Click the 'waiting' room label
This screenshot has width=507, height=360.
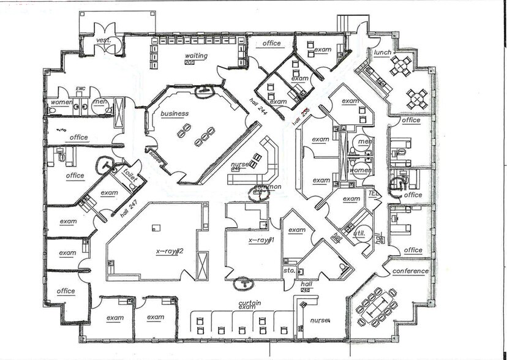click(197, 56)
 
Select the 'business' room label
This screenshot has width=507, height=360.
click(175, 113)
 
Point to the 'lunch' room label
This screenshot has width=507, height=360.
click(383, 53)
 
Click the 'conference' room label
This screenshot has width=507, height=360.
click(410, 271)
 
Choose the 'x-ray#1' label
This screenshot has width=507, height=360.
click(261, 241)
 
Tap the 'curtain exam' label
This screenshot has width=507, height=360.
click(247, 305)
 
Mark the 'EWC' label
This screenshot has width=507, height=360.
click(80, 89)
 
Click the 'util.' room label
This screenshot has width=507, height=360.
click(359, 233)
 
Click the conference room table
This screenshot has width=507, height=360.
click(377, 305)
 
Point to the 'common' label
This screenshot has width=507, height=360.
click(268, 187)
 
